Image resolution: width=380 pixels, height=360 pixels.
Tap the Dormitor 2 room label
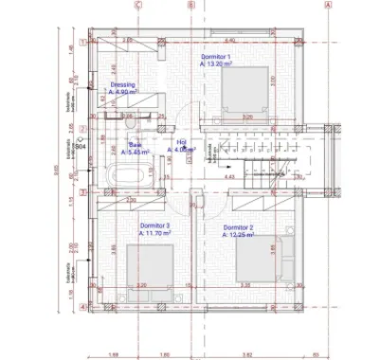tap(239, 227)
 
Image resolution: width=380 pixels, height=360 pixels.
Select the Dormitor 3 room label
tap(128, 225)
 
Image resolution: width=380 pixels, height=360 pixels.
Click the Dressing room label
tap(123, 84)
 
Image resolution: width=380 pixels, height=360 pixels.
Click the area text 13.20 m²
tap(220, 64)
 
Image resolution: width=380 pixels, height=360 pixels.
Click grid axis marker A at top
tap(328, 4)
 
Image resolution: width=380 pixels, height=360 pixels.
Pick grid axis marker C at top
tap(138, 4)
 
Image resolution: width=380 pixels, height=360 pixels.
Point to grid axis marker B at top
tap(190, 4)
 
